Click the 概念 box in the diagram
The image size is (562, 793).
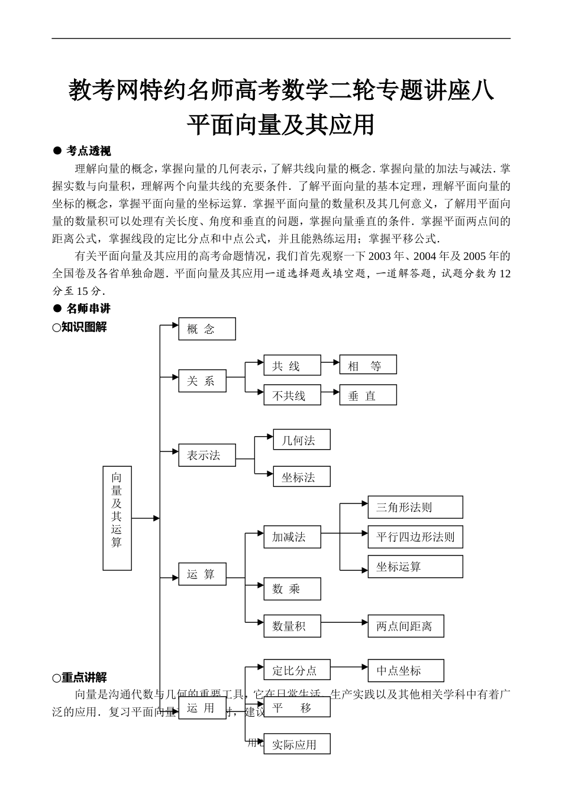point(206,329)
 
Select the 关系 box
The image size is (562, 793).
point(202,381)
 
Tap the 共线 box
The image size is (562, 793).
point(292,366)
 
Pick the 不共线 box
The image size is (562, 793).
point(292,395)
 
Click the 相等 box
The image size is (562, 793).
point(367,366)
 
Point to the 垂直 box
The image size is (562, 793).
point(367,395)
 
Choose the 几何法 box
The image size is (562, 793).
point(301,440)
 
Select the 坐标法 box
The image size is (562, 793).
point(301,477)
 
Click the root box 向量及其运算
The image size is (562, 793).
point(117,518)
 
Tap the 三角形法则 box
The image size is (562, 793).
point(415,507)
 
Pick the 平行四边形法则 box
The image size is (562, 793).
point(415,537)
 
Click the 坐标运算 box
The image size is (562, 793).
point(415,566)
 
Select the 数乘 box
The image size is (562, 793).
point(292,589)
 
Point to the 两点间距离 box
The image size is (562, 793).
point(405,626)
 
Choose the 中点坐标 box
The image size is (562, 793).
point(405,670)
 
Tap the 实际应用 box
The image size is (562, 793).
point(296,744)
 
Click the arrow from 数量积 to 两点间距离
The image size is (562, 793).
point(344,622)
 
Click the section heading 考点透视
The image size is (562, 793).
point(89,151)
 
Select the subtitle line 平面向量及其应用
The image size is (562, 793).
point(281,124)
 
